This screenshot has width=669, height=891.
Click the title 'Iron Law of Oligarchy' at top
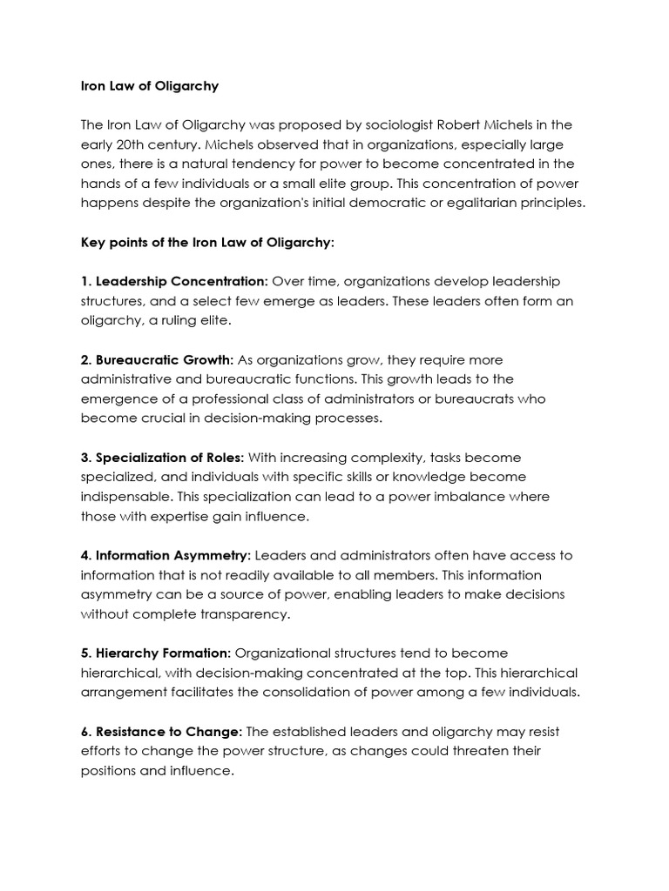[150, 86]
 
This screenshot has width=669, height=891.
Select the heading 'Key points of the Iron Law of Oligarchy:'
[207, 243]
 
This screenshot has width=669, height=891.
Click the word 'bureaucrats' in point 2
[490, 399]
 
